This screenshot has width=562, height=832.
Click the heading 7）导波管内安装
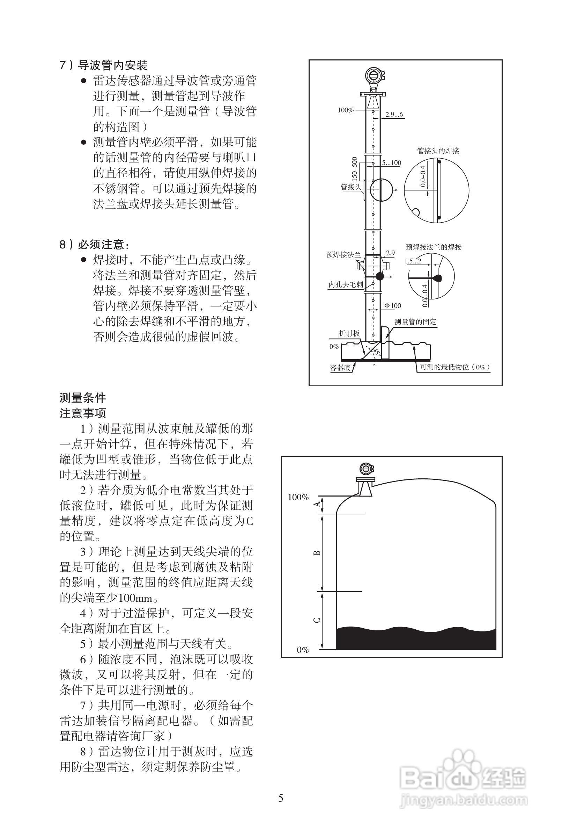(103, 65)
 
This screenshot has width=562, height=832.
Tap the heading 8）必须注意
(95, 245)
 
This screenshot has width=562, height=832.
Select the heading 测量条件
(83, 398)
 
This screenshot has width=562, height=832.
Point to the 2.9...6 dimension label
(394, 115)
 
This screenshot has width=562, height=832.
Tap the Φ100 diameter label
(393, 306)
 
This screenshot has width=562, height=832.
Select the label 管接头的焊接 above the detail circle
(438, 151)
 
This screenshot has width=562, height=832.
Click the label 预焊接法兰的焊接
(434, 247)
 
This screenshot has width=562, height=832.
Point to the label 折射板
(349, 333)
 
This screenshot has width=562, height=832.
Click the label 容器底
(340, 368)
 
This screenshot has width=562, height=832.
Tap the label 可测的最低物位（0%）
(455, 367)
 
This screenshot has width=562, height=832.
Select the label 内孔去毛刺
(346, 284)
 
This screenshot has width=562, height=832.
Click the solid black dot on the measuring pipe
(379, 276)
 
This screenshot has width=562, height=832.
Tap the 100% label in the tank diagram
(298, 497)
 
